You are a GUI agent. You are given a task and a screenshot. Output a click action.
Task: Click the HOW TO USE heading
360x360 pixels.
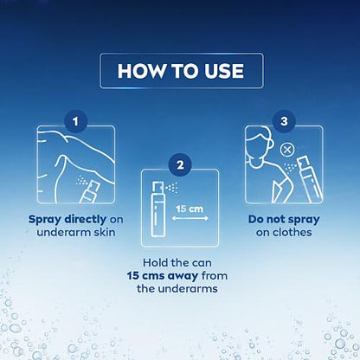pos(180,69)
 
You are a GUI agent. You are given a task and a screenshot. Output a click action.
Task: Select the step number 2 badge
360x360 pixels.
pos(180,164)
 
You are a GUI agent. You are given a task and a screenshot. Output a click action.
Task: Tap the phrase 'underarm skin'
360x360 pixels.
pos(76,231)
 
